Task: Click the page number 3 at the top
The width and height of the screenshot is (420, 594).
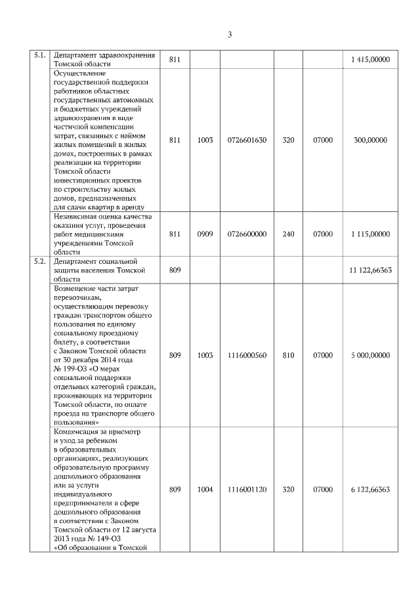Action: [x=230, y=35]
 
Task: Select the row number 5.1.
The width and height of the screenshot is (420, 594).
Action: [x=39, y=56]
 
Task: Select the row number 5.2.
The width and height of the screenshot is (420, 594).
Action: [x=39, y=261]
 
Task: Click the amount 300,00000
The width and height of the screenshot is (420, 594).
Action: [x=370, y=140]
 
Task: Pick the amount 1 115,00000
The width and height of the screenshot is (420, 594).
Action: [x=370, y=233]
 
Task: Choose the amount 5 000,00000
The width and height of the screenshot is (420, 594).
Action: [x=370, y=355]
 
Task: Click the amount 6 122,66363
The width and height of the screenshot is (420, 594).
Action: [x=371, y=490]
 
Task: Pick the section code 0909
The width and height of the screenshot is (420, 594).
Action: [x=205, y=233]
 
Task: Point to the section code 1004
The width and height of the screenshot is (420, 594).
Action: [x=205, y=490]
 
